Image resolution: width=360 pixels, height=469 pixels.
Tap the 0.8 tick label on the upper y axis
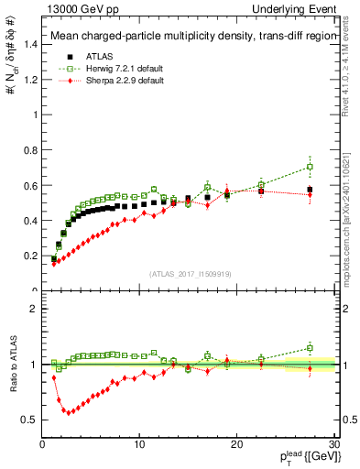pos(30,150)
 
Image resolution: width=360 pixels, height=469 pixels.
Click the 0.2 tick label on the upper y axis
pos(30,256)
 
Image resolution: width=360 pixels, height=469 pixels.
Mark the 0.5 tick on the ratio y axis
pos(30,420)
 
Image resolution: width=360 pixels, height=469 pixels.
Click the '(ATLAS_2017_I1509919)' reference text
pos(191,273)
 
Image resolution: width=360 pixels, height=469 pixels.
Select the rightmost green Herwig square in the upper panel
pos(310,167)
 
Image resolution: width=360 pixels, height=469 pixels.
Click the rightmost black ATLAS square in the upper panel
pos(310,190)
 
